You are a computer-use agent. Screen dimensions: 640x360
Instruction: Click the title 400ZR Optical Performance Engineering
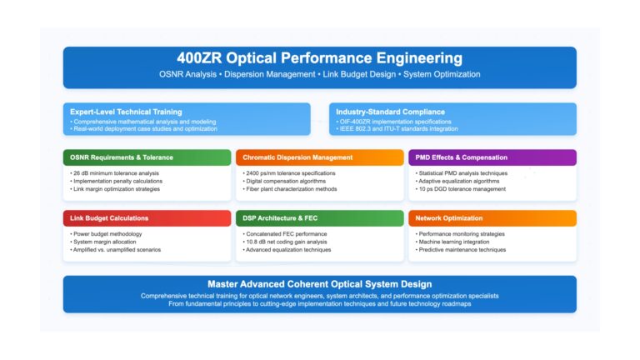pos(320,58)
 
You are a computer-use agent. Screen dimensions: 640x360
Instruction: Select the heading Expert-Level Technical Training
pos(126,112)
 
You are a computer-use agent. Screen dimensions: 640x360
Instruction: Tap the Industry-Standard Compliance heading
pos(390,112)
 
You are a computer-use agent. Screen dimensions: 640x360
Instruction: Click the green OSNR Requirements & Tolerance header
pos(147,157)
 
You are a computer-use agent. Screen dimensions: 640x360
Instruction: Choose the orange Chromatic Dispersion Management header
pos(320,157)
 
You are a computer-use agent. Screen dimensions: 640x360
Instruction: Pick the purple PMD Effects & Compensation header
pos(492,157)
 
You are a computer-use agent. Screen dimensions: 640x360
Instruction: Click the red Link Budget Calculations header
pos(147,218)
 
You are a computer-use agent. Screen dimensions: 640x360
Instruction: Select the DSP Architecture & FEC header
pos(320,218)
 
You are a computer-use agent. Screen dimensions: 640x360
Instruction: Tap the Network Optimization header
pos(492,218)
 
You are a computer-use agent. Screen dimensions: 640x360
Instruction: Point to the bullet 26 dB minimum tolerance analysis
pos(114,173)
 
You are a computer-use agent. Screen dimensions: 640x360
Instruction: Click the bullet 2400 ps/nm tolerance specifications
pos(289,173)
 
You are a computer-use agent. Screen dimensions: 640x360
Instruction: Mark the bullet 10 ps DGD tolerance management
pos(460,189)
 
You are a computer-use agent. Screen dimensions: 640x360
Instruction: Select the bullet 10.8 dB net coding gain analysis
pos(285,242)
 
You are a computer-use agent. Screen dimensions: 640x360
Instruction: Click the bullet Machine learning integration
pos(452,242)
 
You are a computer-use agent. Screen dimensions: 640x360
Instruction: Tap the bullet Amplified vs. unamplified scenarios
pos(116,250)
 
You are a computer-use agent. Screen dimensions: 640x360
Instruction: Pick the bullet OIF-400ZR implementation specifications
pos(393,122)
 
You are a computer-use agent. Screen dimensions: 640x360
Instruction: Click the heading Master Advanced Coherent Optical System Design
pos(320,284)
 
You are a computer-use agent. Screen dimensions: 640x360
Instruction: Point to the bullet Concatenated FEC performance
pos(285,234)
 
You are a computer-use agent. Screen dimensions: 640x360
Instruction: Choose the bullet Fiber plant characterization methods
pos(290,189)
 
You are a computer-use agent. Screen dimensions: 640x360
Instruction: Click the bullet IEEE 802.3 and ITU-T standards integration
pos(397,129)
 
